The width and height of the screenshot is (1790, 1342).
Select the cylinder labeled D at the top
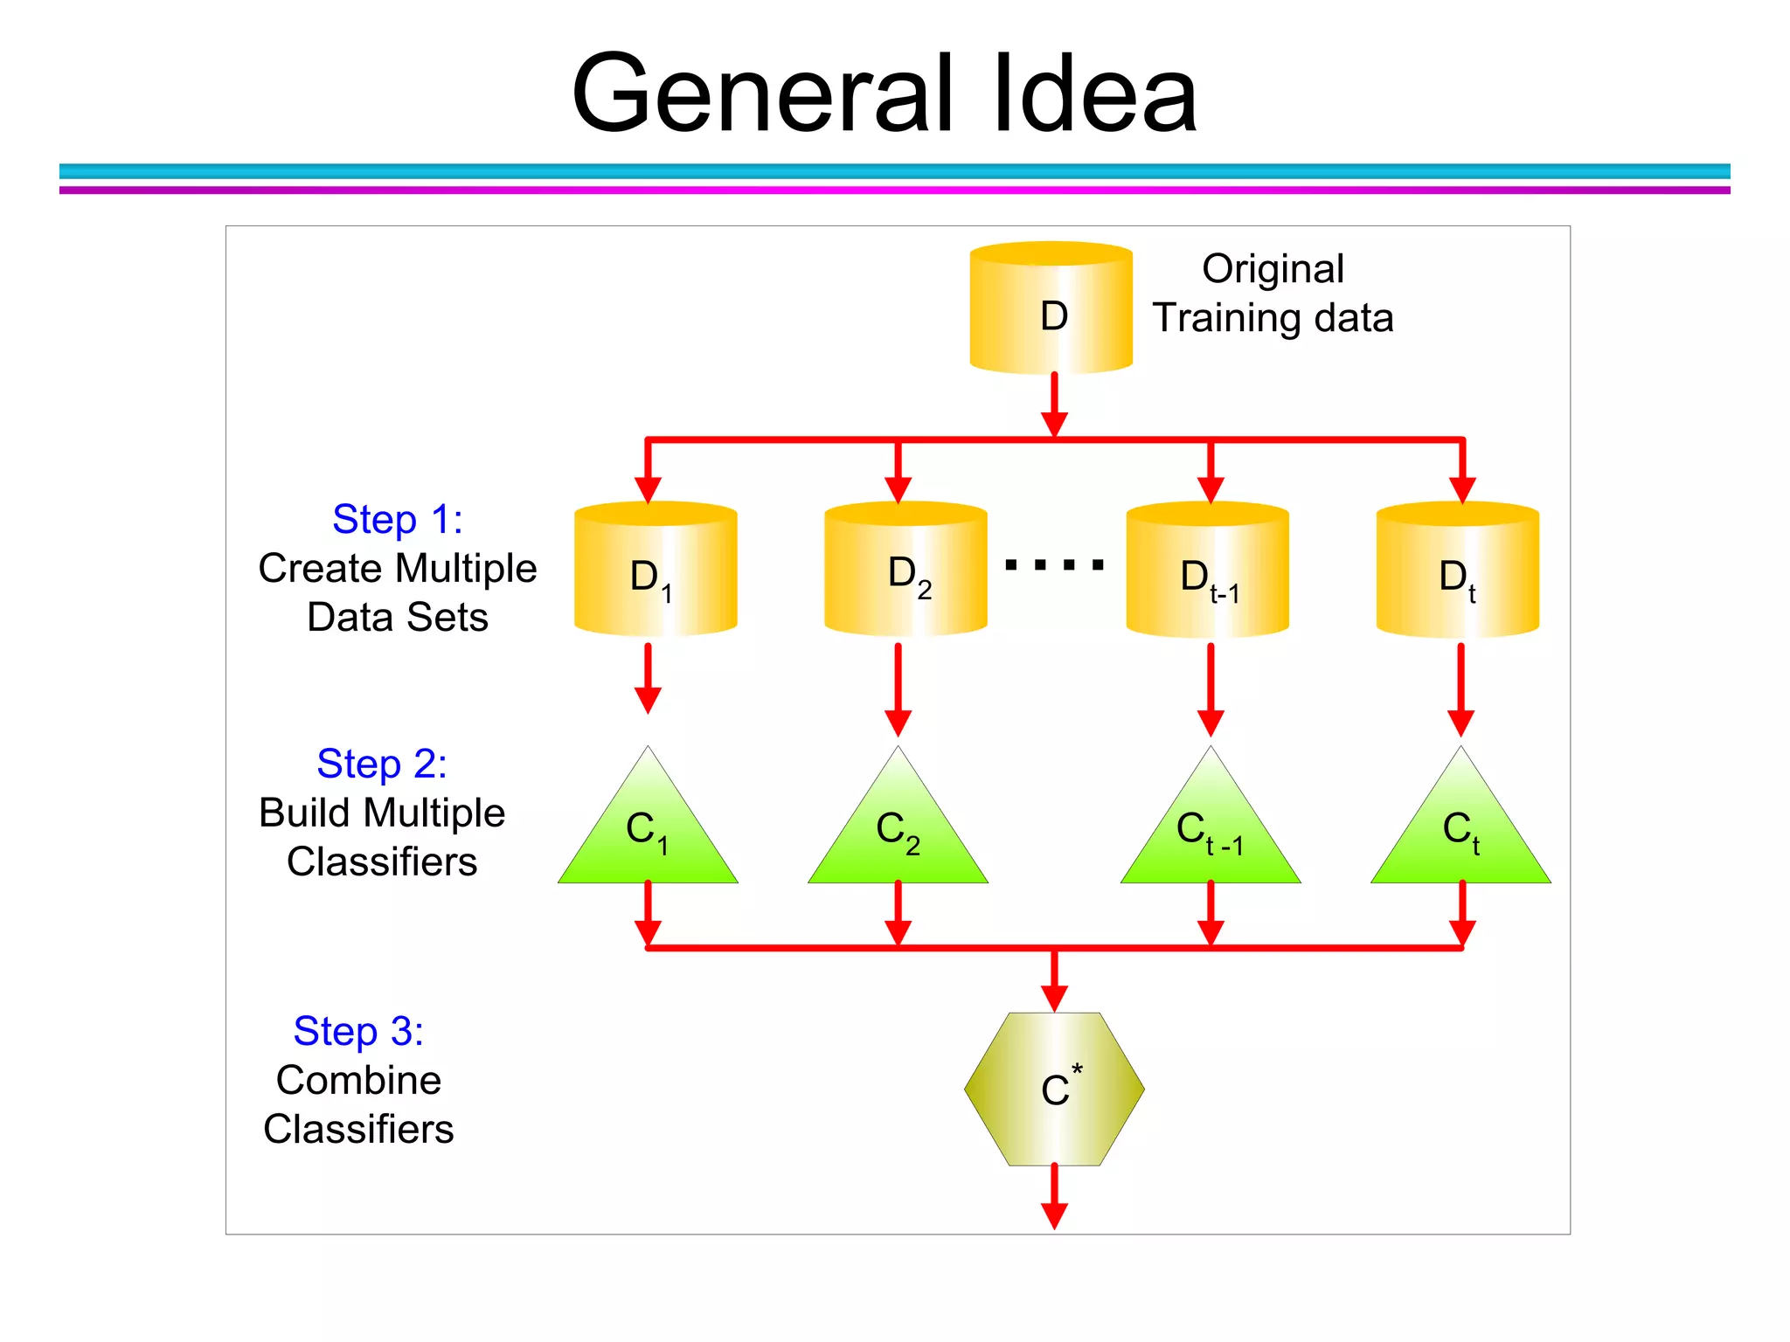coord(1051,308)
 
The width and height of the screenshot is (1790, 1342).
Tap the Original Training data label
coord(1273,294)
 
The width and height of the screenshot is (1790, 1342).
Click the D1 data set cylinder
coord(655,570)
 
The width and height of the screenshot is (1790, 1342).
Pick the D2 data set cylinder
coord(905,570)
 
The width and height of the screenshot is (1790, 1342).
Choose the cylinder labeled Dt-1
coord(1207,570)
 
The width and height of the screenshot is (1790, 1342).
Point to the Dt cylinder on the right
coord(1457,570)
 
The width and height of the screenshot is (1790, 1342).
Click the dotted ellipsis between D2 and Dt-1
coord(1055,565)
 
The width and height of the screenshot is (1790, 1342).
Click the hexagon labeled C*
coord(1054,1089)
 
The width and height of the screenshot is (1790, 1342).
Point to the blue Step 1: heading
coord(397,519)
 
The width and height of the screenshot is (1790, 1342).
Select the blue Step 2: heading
coord(382,764)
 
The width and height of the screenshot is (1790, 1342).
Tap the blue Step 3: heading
coord(358,1031)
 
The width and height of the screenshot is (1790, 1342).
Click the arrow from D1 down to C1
coord(648,678)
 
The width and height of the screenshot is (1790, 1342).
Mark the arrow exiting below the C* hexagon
coord(1054,1197)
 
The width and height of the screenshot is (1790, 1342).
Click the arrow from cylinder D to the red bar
coord(1054,404)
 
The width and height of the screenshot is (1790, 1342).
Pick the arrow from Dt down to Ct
coord(1460,690)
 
